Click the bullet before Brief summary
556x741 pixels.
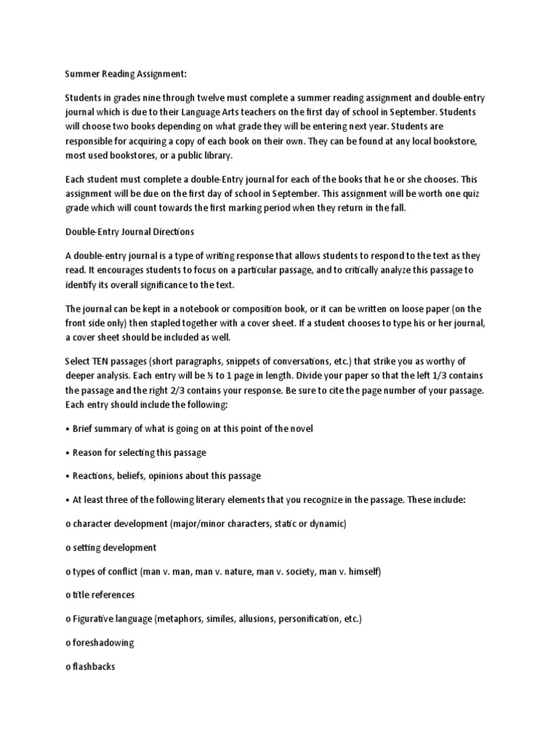67,428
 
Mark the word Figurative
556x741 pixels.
96,619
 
